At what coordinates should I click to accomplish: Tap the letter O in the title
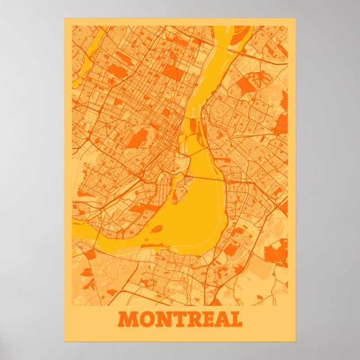[146, 319]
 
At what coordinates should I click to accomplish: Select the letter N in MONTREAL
[163, 319]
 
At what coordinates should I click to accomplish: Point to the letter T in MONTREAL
[179, 319]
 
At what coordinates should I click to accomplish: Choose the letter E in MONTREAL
[210, 319]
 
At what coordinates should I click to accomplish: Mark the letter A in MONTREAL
[224, 319]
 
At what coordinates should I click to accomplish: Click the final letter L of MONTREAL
[238, 319]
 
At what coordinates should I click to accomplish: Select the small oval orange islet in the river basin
[158, 228]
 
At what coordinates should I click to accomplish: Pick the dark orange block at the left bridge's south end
[89, 254]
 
